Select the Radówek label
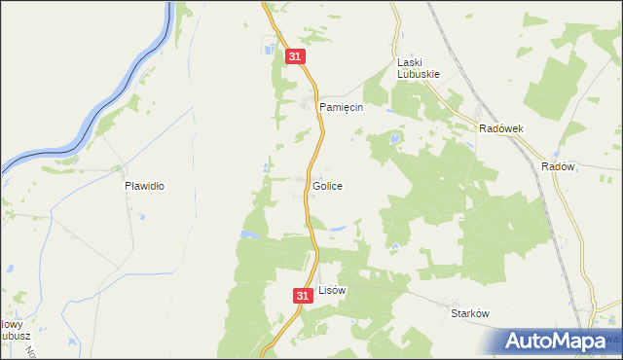pos(501,128)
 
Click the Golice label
pos(327,185)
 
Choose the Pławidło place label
pos(142,185)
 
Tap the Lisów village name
pos(332,290)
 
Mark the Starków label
pos(468,313)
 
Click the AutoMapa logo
pos(560,342)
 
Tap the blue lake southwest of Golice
pos(251,234)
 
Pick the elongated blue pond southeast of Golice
pos(336,230)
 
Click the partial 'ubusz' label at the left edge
pos(14,338)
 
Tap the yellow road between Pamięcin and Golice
pos(316,146)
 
